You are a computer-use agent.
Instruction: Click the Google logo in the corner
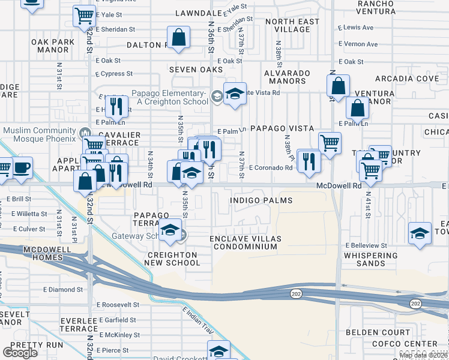coord(20,353)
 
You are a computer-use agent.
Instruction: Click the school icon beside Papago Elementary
coord(235,94)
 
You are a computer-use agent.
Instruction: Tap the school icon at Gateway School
coord(170,230)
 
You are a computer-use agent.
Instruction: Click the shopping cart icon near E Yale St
coord(85,16)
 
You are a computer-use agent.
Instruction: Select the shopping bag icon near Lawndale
coord(179,38)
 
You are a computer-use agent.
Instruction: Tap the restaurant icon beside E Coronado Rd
coord(309,161)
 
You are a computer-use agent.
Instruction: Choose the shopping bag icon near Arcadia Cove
coord(339,85)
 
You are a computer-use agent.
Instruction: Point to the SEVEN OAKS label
coord(191,70)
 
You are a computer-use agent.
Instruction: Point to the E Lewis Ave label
coord(355,28)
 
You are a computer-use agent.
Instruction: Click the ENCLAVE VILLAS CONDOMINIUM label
coord(245,243)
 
